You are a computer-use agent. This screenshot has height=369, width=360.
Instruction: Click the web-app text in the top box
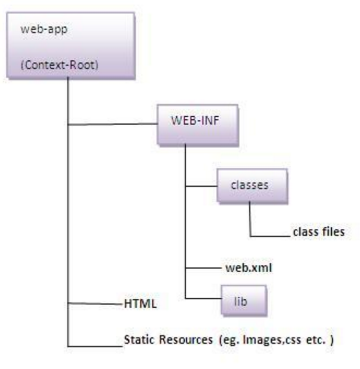coord(37,29)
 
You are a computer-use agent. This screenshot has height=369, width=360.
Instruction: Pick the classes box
coord(250,185)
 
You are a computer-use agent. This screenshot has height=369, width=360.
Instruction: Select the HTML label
coord(140,303)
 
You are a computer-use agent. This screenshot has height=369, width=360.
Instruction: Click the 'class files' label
coord(318,231)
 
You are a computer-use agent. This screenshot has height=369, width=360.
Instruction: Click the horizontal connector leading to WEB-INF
coord(113,125)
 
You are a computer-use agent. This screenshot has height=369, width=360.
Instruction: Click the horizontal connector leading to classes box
coord(202,186)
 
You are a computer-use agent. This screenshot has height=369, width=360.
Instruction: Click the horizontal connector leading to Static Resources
coord(94,345)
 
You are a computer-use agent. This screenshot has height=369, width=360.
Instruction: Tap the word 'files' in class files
coord(332,231)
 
